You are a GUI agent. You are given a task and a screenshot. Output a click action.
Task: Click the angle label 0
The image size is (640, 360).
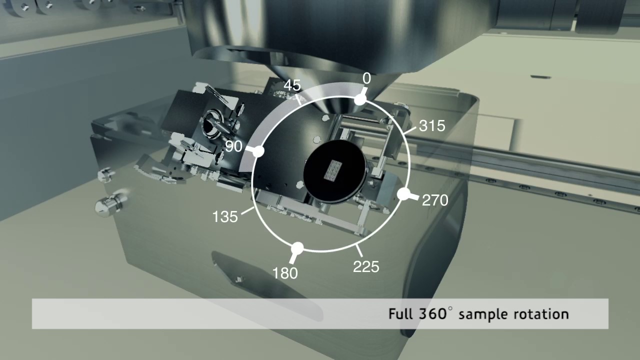pyautogui.click(x=366, y=79)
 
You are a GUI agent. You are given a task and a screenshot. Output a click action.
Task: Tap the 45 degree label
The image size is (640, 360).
pyautogui.click(x=292, y=85)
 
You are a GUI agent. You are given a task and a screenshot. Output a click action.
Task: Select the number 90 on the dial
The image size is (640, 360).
pyautogui.click(x=234, y=146)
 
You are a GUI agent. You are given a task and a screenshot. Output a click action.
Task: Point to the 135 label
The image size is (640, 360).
pyautogui.click(x=225, y=217)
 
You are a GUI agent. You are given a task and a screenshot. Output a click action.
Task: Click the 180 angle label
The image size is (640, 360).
pyautogui.click(x=285, y=273)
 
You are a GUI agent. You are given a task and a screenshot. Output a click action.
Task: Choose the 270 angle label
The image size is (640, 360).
pyautogui.click(x=435, y=200)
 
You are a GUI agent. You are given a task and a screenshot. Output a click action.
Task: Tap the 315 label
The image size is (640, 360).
pyautogui.click(x=432, y=125)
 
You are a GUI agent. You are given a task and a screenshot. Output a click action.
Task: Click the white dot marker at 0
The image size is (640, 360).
pyautogui.click(x=360, y=100)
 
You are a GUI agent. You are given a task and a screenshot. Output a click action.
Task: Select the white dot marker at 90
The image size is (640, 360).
pyautogui.click(x=258, y=150)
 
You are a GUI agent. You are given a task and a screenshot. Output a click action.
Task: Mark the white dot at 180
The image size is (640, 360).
pyautogui.click(x=297, y=247)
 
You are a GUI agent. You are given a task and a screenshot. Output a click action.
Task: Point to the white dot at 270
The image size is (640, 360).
pyautogui.click(x=403, y=194)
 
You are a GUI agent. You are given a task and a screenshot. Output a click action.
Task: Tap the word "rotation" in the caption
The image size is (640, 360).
pyautogui.click(x=541, y=314)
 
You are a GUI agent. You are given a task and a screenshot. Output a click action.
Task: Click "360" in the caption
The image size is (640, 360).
pyautogui.click(x=431, y=313)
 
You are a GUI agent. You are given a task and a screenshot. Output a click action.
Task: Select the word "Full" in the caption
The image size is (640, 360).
pyautogui.click(x=401, y=314)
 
